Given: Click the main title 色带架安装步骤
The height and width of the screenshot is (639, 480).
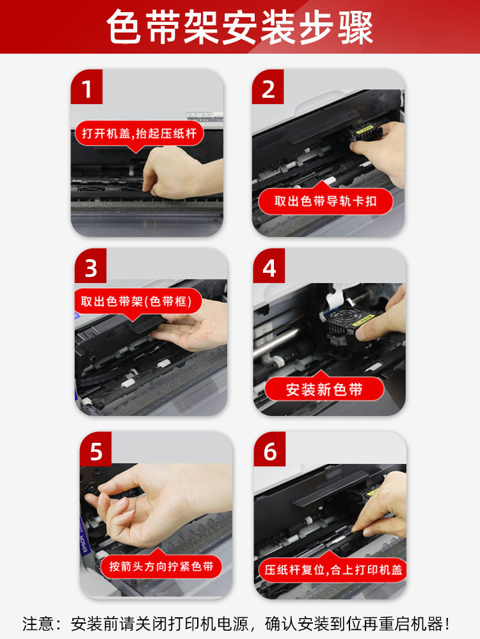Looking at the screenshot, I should (240, 27).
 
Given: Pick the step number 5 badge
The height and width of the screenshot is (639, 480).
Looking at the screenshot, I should (96, 451).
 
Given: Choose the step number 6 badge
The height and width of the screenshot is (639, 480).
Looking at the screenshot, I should (270, 451).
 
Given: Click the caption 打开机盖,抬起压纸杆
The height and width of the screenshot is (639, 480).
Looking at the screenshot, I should (139, 135).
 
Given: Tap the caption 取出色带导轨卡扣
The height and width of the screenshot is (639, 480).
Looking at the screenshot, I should (325, 201).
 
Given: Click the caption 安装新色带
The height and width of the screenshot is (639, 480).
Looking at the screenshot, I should (324, 389).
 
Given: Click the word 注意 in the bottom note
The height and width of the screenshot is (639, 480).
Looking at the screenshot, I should (38, 622).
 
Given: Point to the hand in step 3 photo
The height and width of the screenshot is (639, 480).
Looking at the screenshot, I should (192, 326).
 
